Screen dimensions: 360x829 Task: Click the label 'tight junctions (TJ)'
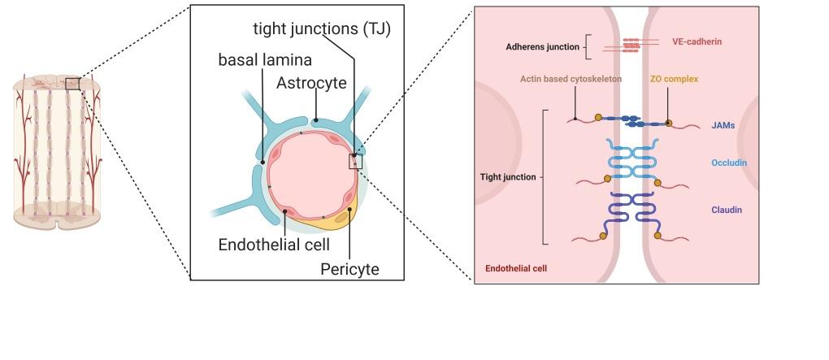point(322,30)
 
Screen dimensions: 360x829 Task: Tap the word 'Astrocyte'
point(311,83)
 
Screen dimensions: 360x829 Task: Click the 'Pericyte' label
point(349,267)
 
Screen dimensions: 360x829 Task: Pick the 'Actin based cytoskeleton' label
point(571,79)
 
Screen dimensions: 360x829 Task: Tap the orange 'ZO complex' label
point(674,79)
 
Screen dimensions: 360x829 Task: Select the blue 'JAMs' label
point(723,126)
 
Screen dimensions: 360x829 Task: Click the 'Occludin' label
point(728,163)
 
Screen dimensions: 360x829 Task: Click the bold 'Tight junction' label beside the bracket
point(507,176)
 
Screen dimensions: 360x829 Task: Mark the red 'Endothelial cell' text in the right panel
point(515,267)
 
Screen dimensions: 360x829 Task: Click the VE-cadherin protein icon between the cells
point(631,46)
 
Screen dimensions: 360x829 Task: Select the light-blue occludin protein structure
point(631,159)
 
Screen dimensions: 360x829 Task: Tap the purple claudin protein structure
point(631,213)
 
